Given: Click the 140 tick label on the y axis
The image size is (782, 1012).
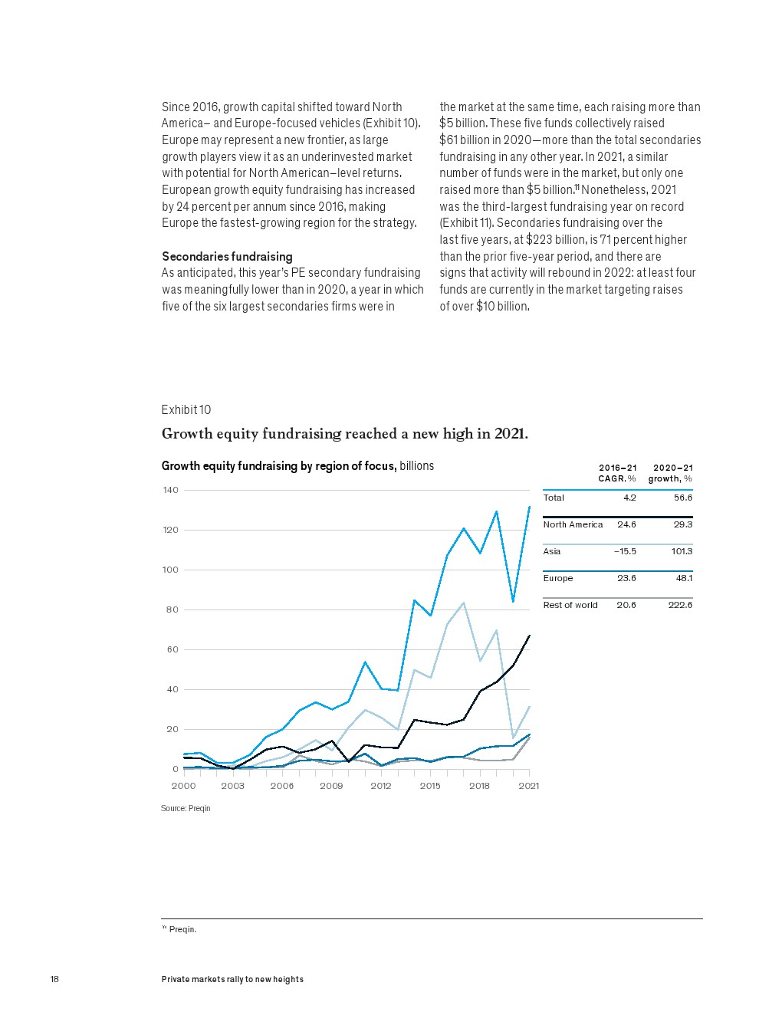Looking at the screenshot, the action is pyautogui.click(x=170, y=490).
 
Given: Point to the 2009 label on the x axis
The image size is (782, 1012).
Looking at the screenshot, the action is pyautogui.click(x=331, y=786).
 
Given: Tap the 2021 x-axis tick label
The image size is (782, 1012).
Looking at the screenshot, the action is pyautogui.click(x=529, y=786).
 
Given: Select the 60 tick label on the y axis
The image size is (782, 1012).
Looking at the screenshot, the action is pyautogui.click(x=172, y=649).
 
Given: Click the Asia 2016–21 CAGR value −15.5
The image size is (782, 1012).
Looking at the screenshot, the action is pyautogui.click(x=625, y=551).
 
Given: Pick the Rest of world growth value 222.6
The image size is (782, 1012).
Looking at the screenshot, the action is pyautogui.click(x=680, y=605).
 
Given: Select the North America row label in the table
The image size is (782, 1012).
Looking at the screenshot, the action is pyautogui.click(x=573, y=524).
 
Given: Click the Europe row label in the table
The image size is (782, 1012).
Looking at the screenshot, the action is pyautogui.click(x=558, y=578).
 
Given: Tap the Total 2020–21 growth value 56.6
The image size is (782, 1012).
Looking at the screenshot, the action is pyautogui.click(x=683, y=498).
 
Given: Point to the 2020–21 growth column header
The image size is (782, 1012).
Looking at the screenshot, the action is pyautogui.click(x=671, y=473).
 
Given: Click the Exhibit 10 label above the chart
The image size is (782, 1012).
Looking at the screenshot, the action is pyautogui.click(x=186, y=410).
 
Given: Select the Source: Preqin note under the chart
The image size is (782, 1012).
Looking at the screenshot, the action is pyautogui.click(x=186, y=809).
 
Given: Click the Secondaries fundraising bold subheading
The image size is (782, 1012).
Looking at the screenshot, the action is pyautogui.click(x=227, y=257).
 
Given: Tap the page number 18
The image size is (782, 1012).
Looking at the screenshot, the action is pyautogui.click(x=54, y=979).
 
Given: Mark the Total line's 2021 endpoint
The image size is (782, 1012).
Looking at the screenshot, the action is pyautogui.click(x=529, y=507).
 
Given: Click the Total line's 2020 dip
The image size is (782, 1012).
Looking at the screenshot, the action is pyautogui.click(x=513, y=602).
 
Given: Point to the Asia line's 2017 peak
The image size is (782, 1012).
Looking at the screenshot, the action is pyautogui.click(x=463, y=603).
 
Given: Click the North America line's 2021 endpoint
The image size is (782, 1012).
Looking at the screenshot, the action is pyautogui.click(x=529, y=636).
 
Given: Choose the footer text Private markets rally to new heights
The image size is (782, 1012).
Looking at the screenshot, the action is pyautogui.click(x=232, y=979).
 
